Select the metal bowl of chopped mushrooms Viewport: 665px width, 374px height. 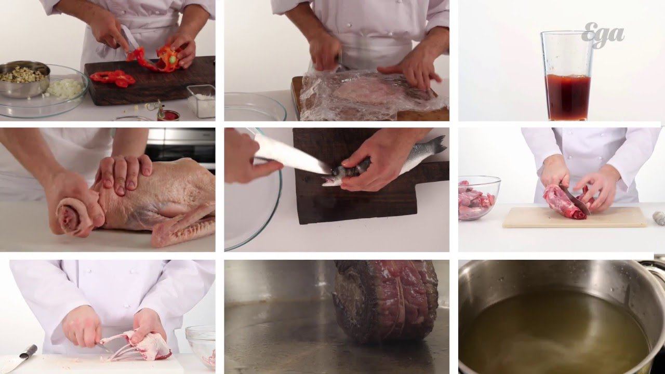24,78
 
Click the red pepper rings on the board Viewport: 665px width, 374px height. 113,78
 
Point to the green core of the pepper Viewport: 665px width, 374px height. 172,60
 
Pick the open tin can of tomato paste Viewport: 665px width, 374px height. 168,115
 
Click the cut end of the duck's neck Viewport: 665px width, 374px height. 69,216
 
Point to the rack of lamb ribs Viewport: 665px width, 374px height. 137,346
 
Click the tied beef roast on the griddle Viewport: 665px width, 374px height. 386,301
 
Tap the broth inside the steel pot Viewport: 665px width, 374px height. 552,332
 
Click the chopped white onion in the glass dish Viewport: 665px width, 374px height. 65,88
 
